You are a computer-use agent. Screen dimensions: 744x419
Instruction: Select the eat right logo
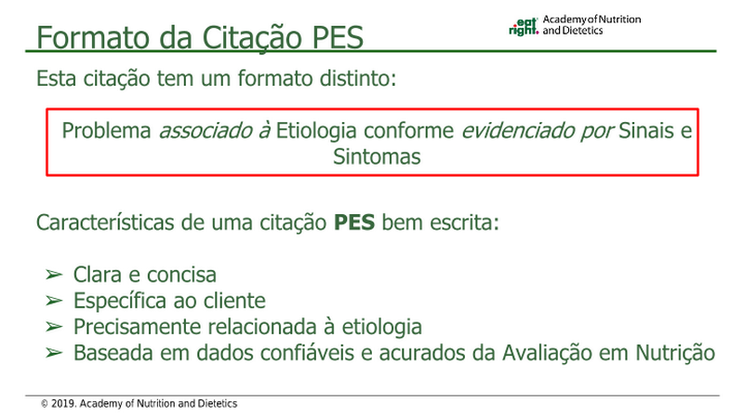click(x=524, y=27)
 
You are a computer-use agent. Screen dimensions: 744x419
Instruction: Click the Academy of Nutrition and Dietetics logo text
click(x=591, y=25)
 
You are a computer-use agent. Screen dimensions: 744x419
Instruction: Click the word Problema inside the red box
click(x=106, y=130)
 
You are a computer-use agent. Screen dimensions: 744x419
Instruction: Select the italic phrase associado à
click(x=215, y=130)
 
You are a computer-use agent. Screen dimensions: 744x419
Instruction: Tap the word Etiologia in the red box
click(x=316, y=131)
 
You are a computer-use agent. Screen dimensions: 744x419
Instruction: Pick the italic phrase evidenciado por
click(x=538, y=130)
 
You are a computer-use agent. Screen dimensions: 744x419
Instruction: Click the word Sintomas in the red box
click(x=377, y=156)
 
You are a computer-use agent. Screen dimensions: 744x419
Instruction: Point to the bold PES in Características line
click(x=354, y=223)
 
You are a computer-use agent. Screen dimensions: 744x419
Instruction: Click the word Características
click(x=105, y=223)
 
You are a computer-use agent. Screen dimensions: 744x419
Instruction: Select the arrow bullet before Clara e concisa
click(x=54, y=275)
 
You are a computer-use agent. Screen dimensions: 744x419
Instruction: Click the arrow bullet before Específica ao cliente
click(x=54, y=301)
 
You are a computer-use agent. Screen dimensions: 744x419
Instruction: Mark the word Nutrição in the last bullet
click(x=675, y=353)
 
